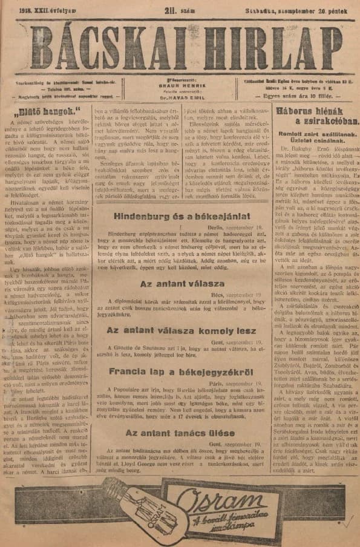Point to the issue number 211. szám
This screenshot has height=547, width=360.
[182, 9]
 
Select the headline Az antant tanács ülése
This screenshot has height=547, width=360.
[181, 433]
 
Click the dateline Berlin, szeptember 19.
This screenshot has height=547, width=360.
[236, 226]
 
